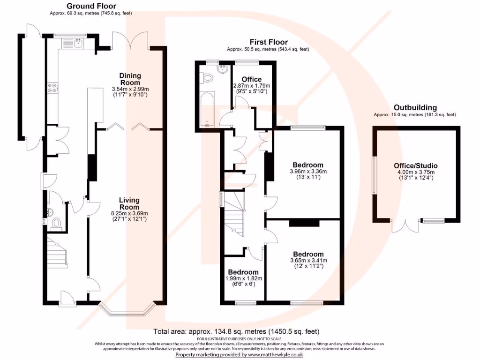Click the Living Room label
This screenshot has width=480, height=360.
pos(129,203)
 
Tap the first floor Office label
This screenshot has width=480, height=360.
pos(251,79)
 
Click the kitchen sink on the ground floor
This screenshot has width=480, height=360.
pos(79,44)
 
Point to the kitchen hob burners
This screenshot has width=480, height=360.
pos(52,88)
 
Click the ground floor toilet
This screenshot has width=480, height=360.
pos(57,223)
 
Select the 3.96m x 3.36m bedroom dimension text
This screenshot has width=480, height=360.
pos(308,171)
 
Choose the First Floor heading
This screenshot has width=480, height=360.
pos(269,42)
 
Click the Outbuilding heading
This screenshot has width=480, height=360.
pos(415,107)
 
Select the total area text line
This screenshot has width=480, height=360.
pos(240,331)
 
